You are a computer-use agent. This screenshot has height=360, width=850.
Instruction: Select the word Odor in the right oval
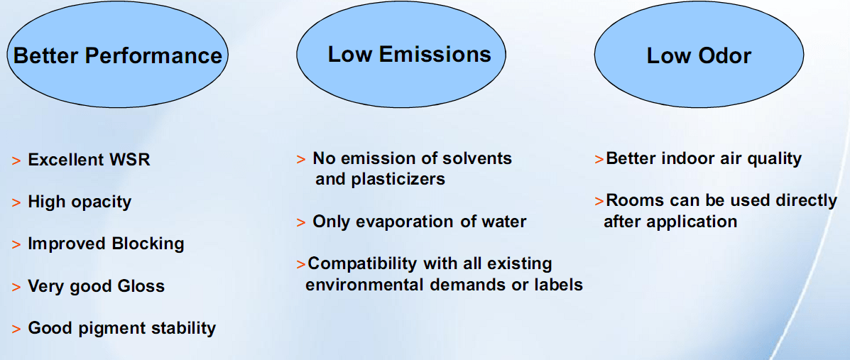tap(725, 56)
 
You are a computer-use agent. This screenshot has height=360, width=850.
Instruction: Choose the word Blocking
tap(148, 244)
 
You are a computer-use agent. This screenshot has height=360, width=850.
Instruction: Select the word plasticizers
tap(398, 180)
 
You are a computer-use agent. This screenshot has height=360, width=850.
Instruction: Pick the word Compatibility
tap(362, 264)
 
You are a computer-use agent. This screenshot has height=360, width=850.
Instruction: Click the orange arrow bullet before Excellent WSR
tap(16, 161)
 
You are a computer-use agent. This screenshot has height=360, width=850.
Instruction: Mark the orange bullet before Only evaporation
tap(301, 223)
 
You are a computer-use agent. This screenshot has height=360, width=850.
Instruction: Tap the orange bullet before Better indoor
tap(599, 159)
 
